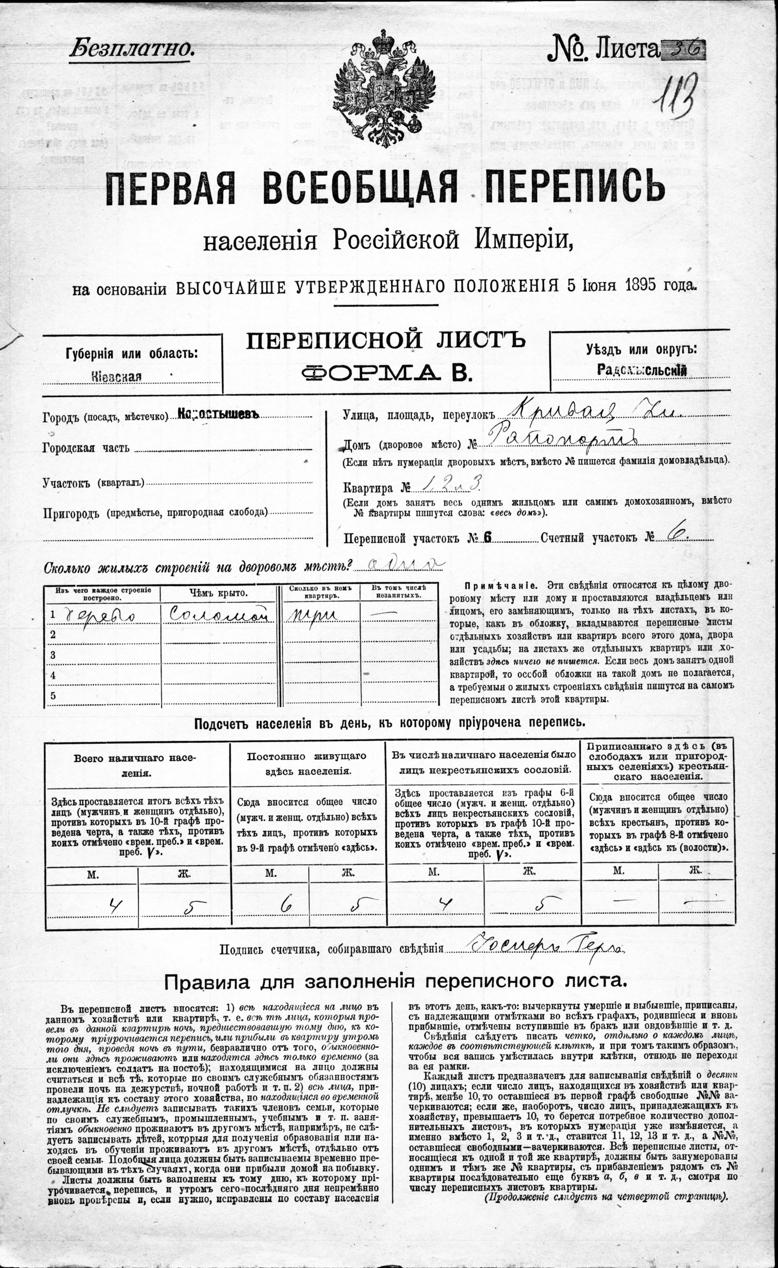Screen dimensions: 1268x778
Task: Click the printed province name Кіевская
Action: [x=116, y=376]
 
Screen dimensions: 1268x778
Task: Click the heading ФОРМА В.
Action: [x=387, y=372]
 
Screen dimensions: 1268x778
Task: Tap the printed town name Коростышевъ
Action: [x=217, y=414]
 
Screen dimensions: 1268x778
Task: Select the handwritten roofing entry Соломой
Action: [x=219, y=614]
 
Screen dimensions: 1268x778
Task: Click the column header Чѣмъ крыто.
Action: [x=218, y=593]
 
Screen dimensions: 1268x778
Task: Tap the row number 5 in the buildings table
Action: [x=53, y=695]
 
